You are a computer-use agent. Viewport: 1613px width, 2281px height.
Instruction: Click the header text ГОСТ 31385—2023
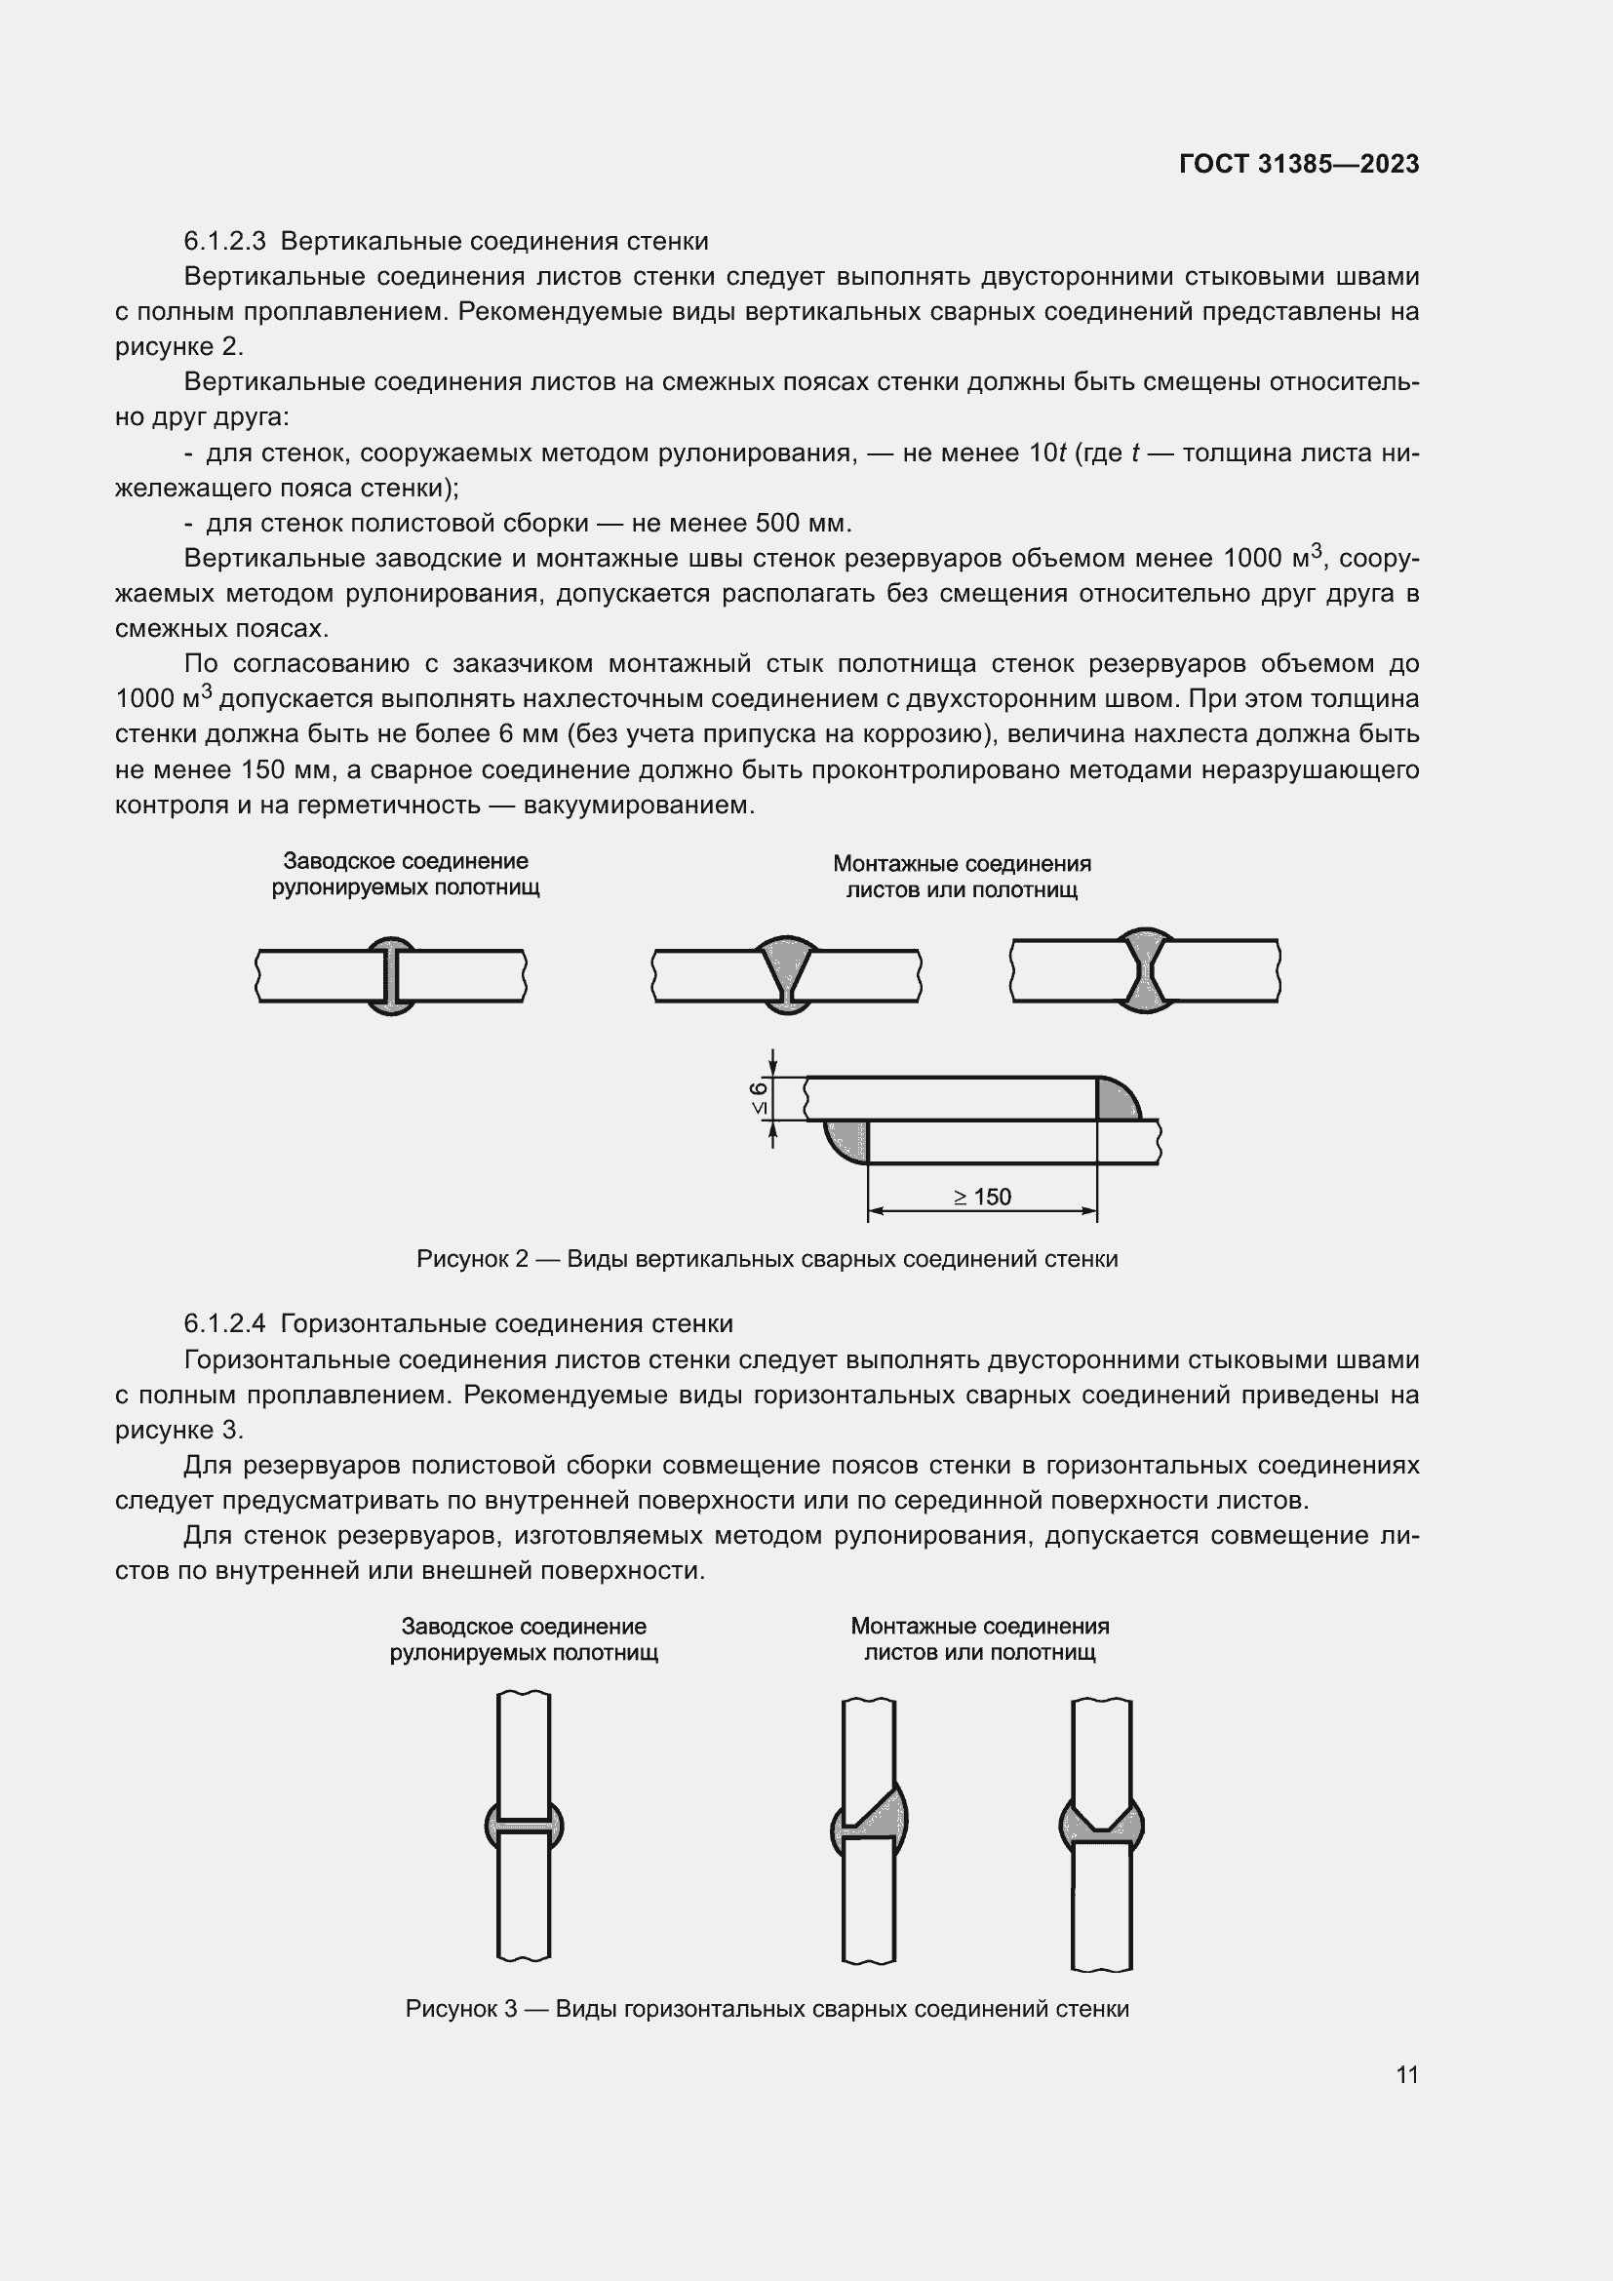click(x=1298, y=164)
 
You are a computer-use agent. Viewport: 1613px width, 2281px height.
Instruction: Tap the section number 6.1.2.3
click(x=224, y=242)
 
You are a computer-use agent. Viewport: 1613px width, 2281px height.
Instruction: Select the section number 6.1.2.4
click(x=224, y=1324)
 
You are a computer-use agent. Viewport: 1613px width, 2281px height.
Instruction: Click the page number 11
click(x=1406, y=2074)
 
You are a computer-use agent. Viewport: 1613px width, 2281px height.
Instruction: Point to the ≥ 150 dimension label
click(x=982, y=1198)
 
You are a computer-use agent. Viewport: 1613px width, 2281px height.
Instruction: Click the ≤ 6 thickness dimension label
click(x=760, y=1098)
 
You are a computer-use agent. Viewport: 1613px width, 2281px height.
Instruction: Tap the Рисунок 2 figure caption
click(x=767, y=1260)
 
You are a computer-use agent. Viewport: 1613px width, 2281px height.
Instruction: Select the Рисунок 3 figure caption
click(x=767, y=2009)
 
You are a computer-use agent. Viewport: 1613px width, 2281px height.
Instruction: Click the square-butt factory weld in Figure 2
click(x=390, y=974)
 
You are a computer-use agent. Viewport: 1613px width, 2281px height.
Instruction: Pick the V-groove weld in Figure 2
click(x=786, y=973)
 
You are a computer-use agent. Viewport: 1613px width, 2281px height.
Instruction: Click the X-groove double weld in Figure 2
click(x=1145, y=969)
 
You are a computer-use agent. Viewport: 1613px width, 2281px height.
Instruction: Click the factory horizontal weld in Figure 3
click(x=524, y=1825)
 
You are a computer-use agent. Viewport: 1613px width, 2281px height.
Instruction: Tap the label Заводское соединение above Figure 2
click(x=406, y=861)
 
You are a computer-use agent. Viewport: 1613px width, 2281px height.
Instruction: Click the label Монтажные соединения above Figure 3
click(x=979, y=1627)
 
